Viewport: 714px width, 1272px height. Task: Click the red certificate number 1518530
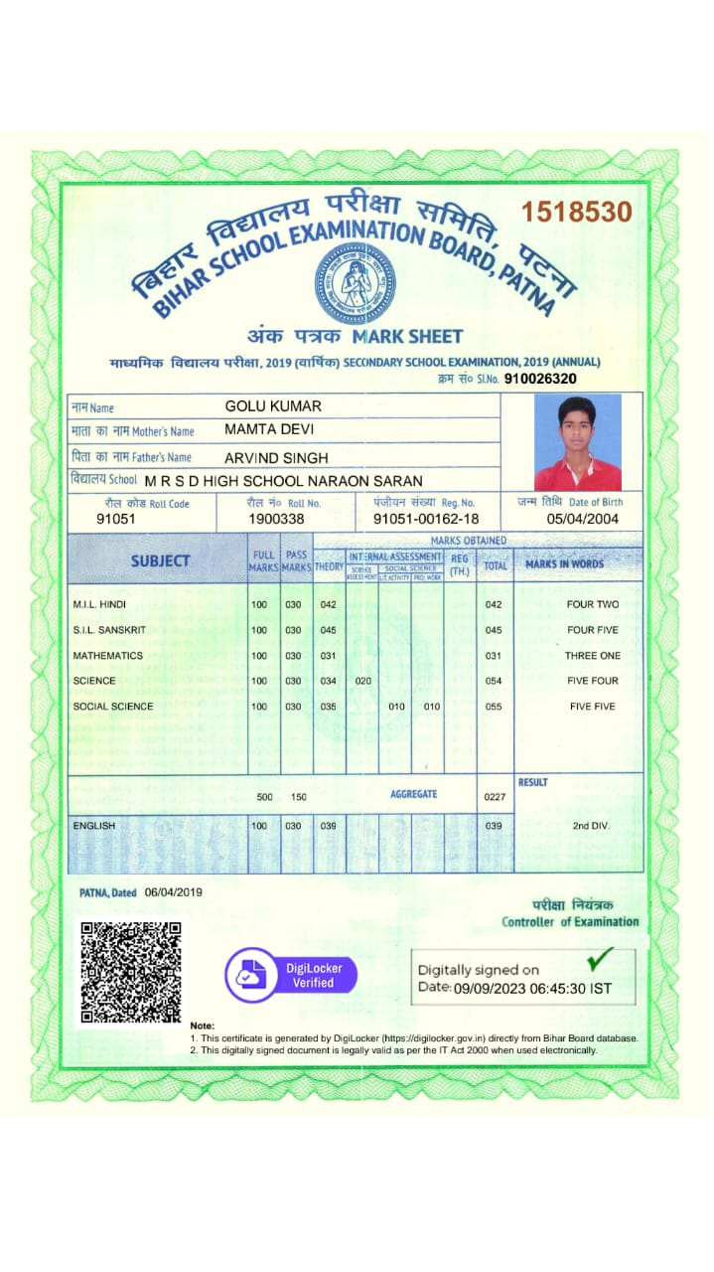[x=577, y=212]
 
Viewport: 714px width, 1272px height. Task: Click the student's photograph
[x=577, y=442]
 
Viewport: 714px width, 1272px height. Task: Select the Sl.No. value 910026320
[x=540, y=379]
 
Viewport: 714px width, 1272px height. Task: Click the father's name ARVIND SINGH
[x=275, y=457]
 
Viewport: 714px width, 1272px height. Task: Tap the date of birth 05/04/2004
[x=583, y=519]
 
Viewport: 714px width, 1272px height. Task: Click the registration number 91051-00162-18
[x=426, y=519]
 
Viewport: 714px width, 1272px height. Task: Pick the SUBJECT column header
[x=160, y=561]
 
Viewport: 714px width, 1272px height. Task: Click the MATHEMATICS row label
[x=107, y=656]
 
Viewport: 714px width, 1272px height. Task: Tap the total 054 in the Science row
[x=494, y=681]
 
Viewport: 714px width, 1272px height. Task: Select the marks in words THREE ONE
[x=593, y=656]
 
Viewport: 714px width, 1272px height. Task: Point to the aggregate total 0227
[x=494, y=797]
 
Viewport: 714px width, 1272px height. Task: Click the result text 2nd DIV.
[x=592, y=826]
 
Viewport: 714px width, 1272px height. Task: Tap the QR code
[x=130, y=972]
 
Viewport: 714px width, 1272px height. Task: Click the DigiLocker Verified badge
[x=290, y=975]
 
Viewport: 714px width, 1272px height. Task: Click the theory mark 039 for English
[x=328, y=826]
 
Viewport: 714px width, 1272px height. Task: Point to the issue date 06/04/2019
[x=173, y=892]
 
